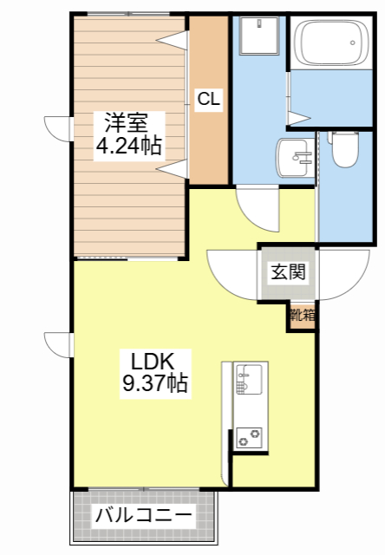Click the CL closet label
point(209,99)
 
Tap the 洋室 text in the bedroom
point(126,122)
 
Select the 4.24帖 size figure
point(129,146)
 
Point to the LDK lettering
point(153,362)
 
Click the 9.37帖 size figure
point(155,382)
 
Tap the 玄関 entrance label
point(288,271)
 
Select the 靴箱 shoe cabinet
point(303,315)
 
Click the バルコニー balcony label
point(145,515)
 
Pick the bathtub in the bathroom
point(332,42)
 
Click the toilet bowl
point(345,149)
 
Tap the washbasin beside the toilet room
point(295,157)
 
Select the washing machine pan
point(259,36)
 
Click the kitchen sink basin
point(249,379)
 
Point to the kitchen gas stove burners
point(249,438)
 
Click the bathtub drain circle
point(352,42)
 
